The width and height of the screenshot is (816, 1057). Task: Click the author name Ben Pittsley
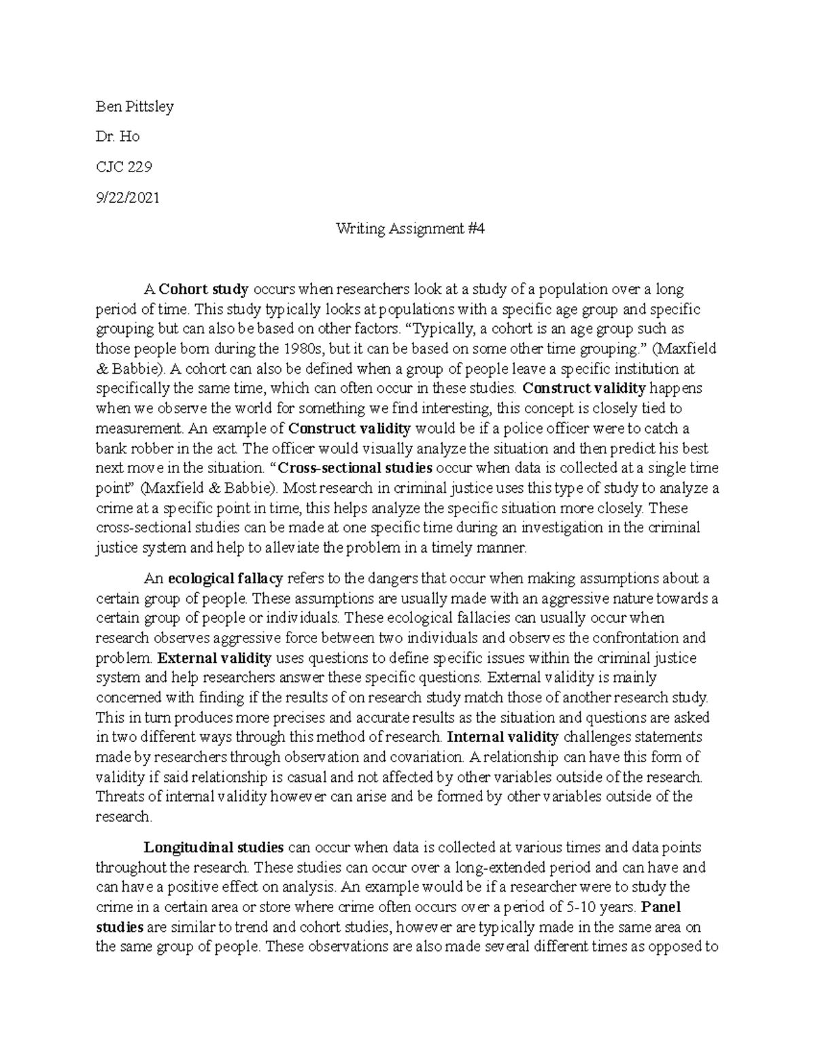[134, 107]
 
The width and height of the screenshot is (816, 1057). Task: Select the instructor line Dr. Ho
[118, 137]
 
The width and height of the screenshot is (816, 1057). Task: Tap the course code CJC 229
[124, 167]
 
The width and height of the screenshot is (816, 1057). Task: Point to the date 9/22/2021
[127, 198]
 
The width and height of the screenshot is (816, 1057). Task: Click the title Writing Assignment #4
[410, 229]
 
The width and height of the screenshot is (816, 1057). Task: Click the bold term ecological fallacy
[225, 579]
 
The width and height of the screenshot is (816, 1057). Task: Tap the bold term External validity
[214, 658]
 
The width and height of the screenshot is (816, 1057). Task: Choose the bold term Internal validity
[504, 737]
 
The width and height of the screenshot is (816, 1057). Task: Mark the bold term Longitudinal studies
[214, 847]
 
